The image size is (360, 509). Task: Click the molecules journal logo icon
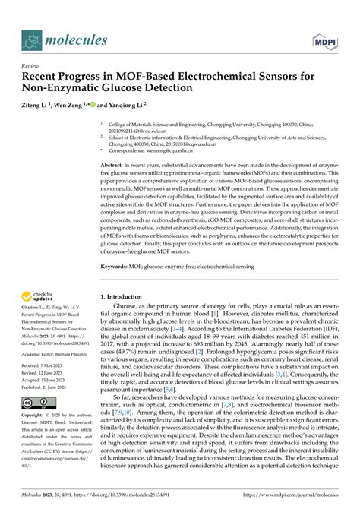(x=31, y=39)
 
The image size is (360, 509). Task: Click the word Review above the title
(x=31, y=66)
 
